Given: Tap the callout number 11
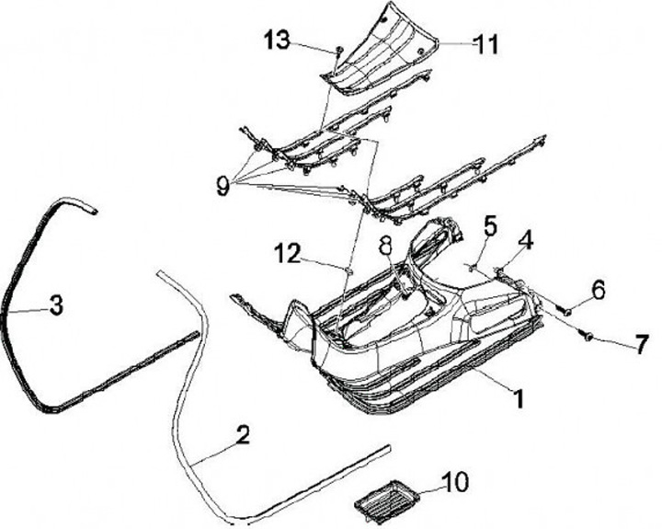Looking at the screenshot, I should pyautogui.click(x=485, y=42).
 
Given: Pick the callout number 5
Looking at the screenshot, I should pyautogui.click(x=490, y=224).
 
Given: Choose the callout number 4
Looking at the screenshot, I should pyautogui.click(x=525, y=242).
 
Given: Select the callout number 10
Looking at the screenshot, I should pyautogui.click(x=455, y=480).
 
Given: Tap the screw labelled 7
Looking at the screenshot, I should pyautogui.click(x=586, y=338).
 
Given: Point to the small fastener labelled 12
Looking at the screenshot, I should pyautogui.click(x=350, y=270).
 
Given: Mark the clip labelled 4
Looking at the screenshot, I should pyautogui.click(x=501, y=270).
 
